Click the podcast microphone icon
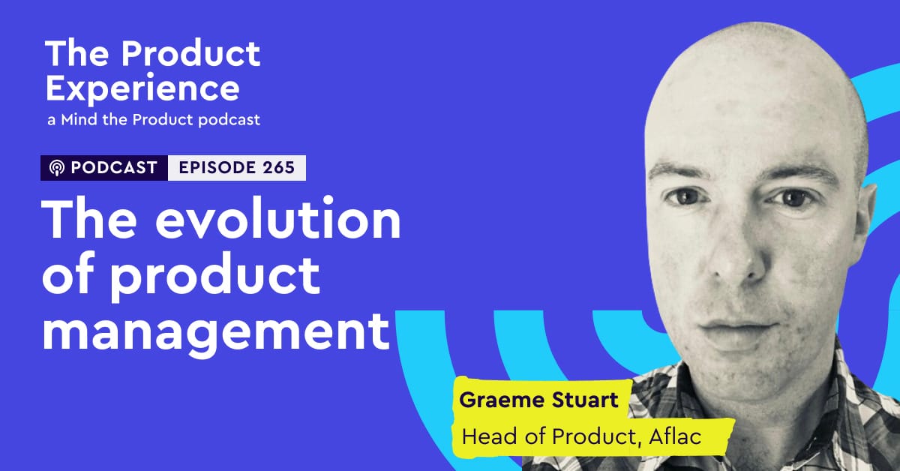point(57,167)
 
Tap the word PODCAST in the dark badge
point(114,167)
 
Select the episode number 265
point(279,167)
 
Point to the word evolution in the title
point(278,218)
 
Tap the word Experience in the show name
point(142,89)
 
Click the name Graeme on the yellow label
point(502,400)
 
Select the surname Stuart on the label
point(585,400)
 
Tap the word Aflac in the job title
point(675,436)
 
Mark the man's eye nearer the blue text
point(687,197)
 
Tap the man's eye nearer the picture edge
point(793,199)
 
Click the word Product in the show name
point(190,53)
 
